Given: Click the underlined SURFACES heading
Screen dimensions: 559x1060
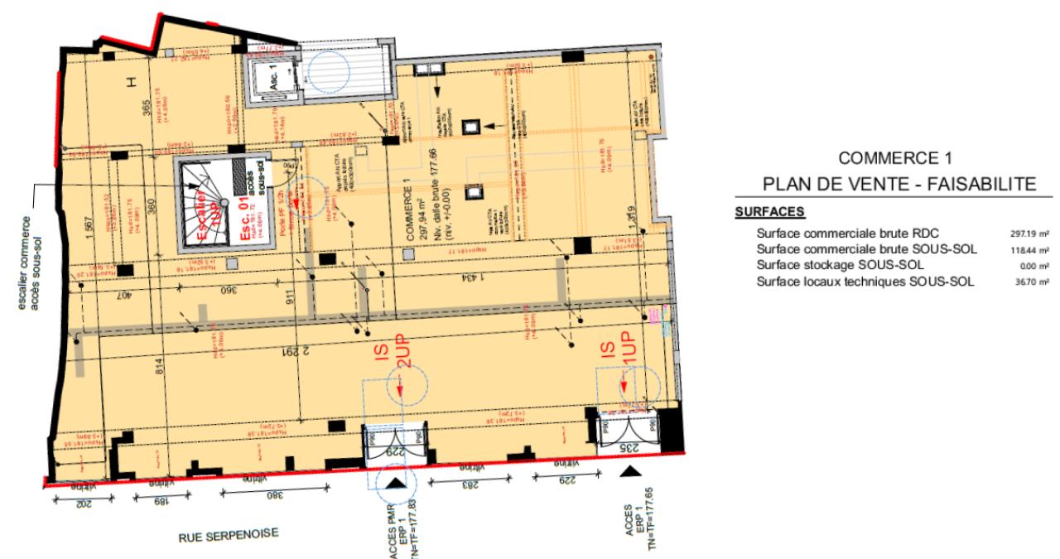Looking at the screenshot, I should (759, 212).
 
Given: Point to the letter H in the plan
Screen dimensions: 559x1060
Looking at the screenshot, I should (131, 81).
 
